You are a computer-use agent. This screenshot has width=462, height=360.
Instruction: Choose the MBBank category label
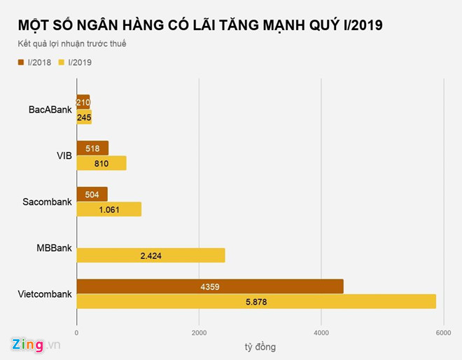(x=54, y=248)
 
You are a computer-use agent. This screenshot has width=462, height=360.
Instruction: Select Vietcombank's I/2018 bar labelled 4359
(x=210, y=286)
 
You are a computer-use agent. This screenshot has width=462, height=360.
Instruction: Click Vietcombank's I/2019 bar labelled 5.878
(x=256, y=302)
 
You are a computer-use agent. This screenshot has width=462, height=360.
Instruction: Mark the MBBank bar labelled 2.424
(x=150, y=256)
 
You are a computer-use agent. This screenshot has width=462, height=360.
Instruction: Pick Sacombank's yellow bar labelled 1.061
(x=108, y=209)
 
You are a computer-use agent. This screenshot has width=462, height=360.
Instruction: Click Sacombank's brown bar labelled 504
(x=92, y=194)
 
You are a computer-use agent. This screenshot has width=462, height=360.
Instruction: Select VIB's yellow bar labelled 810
(x=101, y=163)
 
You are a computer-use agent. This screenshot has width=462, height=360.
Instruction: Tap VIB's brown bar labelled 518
(x=92, y=148)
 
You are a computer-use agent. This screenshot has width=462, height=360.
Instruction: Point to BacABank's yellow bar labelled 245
(x=84, y=117)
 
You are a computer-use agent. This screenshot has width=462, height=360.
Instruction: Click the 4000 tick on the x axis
(x=321, y=333)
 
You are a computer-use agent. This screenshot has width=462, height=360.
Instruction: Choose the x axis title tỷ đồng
(x=260, y=347)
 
